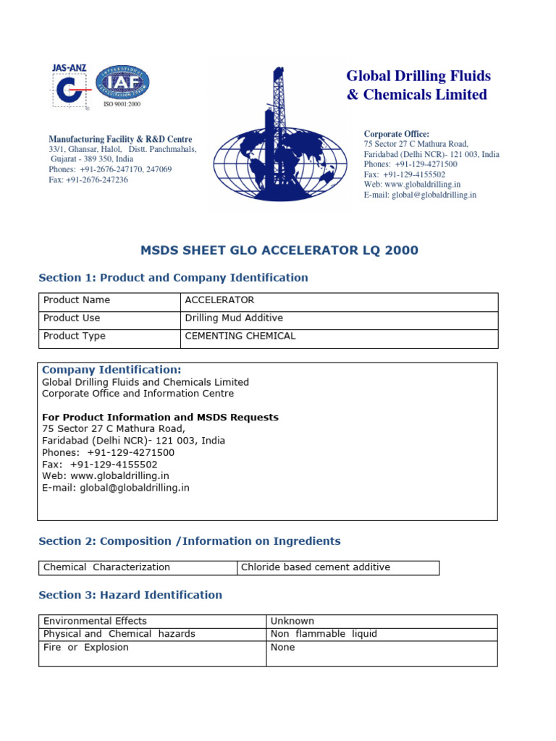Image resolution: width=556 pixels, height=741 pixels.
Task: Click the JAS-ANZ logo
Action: coord(69,88)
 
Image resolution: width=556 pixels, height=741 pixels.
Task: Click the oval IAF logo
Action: coord(123,82)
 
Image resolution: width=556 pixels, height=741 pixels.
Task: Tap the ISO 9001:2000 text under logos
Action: coord(122,104)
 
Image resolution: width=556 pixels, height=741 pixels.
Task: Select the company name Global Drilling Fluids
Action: coord(418,76)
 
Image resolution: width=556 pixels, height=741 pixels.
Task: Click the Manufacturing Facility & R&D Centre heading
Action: coord(120,139)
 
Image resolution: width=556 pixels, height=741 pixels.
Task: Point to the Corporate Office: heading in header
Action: coord(396,134)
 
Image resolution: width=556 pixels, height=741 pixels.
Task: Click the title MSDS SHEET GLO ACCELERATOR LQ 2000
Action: coord(279,250)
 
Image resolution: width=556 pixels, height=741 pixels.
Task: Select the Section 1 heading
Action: coord(173,278)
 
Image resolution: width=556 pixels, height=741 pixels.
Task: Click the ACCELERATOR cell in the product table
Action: coord(220,300)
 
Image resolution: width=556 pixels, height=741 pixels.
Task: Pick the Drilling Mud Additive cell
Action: coord(234,318)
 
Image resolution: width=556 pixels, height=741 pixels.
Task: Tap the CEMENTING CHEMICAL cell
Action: coord(240,336)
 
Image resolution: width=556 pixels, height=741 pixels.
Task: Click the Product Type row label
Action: coord(75,336)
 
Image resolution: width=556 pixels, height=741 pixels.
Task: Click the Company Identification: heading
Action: coord(111,370)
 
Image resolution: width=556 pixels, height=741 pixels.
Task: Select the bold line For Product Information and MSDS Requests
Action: coord(160,418)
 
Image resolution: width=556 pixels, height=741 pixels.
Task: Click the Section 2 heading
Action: coord(189,541)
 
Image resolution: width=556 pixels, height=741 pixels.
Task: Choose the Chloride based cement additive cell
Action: coord(316,567)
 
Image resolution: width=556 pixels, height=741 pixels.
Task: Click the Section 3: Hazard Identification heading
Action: coord(130,595)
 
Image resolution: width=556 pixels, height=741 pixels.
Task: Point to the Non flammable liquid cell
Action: coord(324,634)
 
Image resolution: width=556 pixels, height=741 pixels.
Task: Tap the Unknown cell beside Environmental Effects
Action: coord(292,621)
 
